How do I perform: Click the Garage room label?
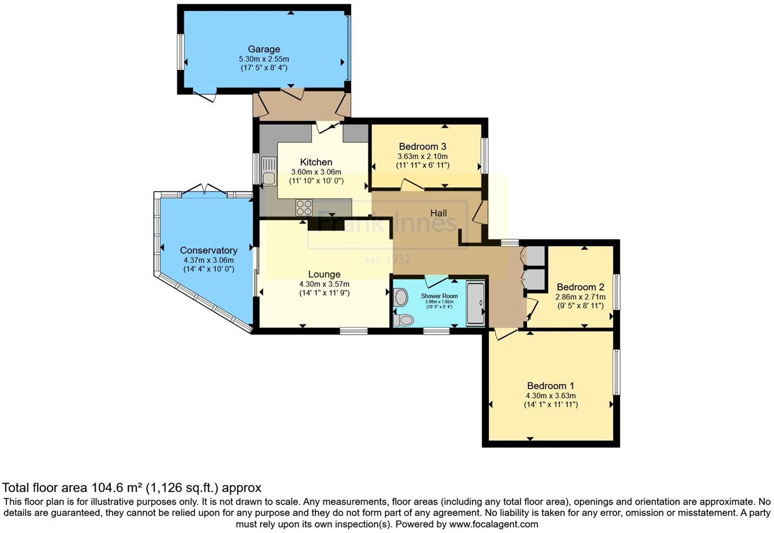coord(264,49)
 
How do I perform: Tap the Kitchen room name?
coord(316,162)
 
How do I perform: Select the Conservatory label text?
coord(208,250)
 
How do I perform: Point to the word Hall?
coord(438,213)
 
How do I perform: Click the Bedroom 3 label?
coord(423,146)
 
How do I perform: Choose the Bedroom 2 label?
coord(580,286)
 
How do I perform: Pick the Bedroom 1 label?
coord(550,386)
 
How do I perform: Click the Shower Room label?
coord(439,296)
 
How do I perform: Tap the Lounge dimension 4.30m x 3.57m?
coord(324,284)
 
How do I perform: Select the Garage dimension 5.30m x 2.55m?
coord(264,59)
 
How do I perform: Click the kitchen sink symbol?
coord(268,172)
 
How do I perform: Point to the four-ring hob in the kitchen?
coord(304,207)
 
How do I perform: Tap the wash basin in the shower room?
coord(400,297)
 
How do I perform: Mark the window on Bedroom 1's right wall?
coord(617,372)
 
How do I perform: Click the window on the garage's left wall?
coord(180,52)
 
